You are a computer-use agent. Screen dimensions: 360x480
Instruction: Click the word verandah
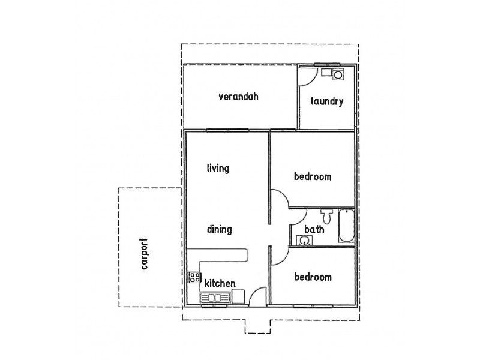[238, 96]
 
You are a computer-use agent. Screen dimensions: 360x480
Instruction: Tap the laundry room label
[327, 101]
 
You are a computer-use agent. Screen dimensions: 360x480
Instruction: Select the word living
[218, 168]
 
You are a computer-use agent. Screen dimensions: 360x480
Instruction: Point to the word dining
[219, 229]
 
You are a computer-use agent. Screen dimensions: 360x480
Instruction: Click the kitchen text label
[220, 283]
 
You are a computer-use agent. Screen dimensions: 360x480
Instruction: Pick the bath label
[314, 229]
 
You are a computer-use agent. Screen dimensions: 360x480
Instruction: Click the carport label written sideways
[143, 256]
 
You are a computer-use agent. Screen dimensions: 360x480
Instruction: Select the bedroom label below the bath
[313, 277]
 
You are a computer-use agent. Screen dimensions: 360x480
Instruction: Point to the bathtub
[346, 226]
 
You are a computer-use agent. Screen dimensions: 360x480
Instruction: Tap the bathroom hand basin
[305, 241]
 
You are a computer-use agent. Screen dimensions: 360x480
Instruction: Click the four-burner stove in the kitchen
[194, 277]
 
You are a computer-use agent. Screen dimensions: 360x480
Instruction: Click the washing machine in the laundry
[338, 76]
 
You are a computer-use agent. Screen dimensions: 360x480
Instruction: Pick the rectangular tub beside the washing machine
[326, 72]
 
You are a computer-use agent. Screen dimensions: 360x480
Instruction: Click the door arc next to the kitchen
[257, 296]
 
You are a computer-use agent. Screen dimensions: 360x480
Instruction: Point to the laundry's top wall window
[327, 64]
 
